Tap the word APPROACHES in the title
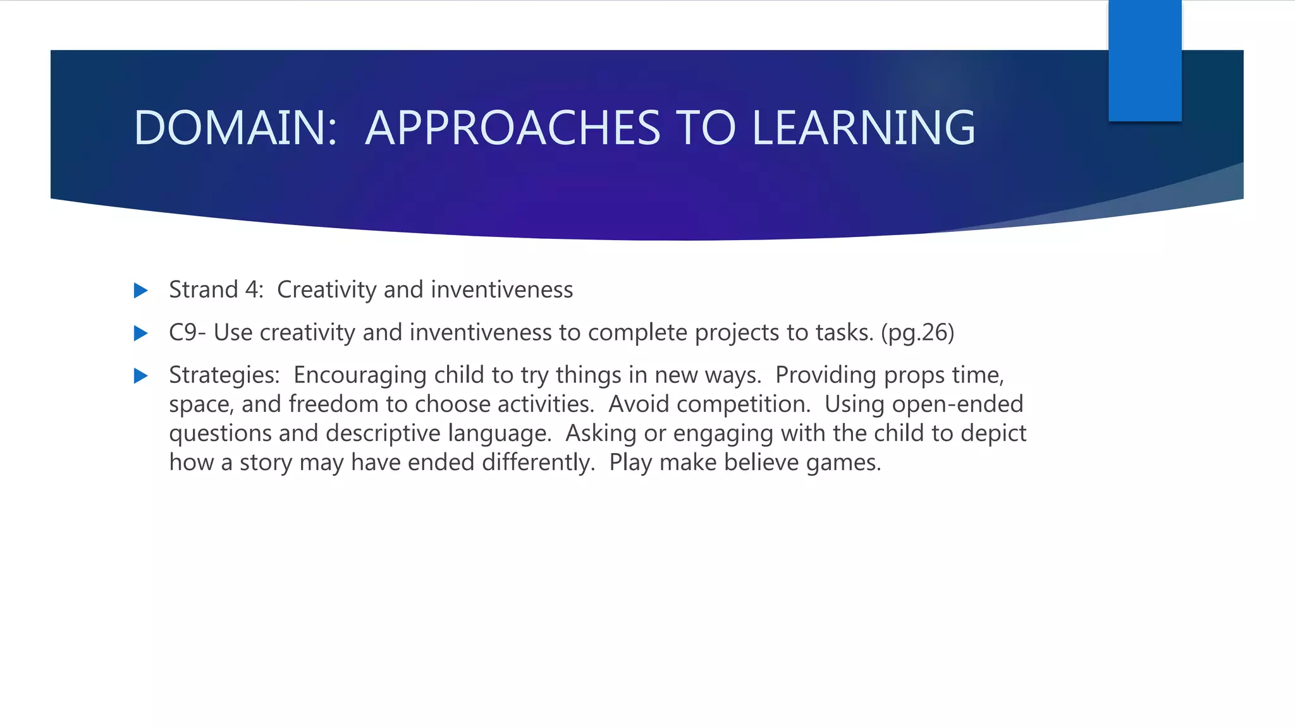click(513, 128)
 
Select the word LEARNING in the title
click(863, 128)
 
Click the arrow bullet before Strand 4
click(141, 291)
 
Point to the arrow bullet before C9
click(141, 333)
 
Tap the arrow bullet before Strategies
click(141, 376)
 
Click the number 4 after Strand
click(253, 290)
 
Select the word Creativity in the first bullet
click(327, 290)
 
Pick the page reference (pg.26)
click(918, 332)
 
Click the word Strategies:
click(224, 375)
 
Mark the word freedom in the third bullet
click(333, 404)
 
